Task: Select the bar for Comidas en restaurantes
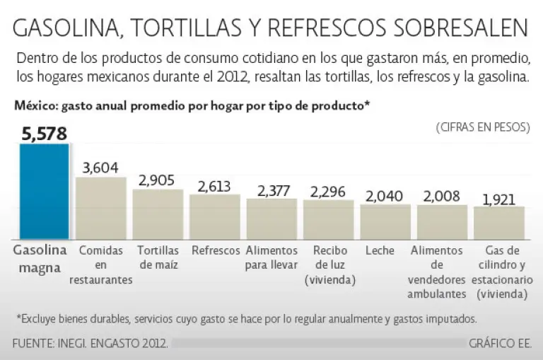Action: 100,208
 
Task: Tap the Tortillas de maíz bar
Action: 158,214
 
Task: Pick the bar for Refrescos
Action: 214,217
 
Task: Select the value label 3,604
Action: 100,168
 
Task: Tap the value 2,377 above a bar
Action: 271,190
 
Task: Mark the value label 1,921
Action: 499,198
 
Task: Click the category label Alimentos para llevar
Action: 271,257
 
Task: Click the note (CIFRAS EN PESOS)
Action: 483,127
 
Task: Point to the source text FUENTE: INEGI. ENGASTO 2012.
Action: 90,344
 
